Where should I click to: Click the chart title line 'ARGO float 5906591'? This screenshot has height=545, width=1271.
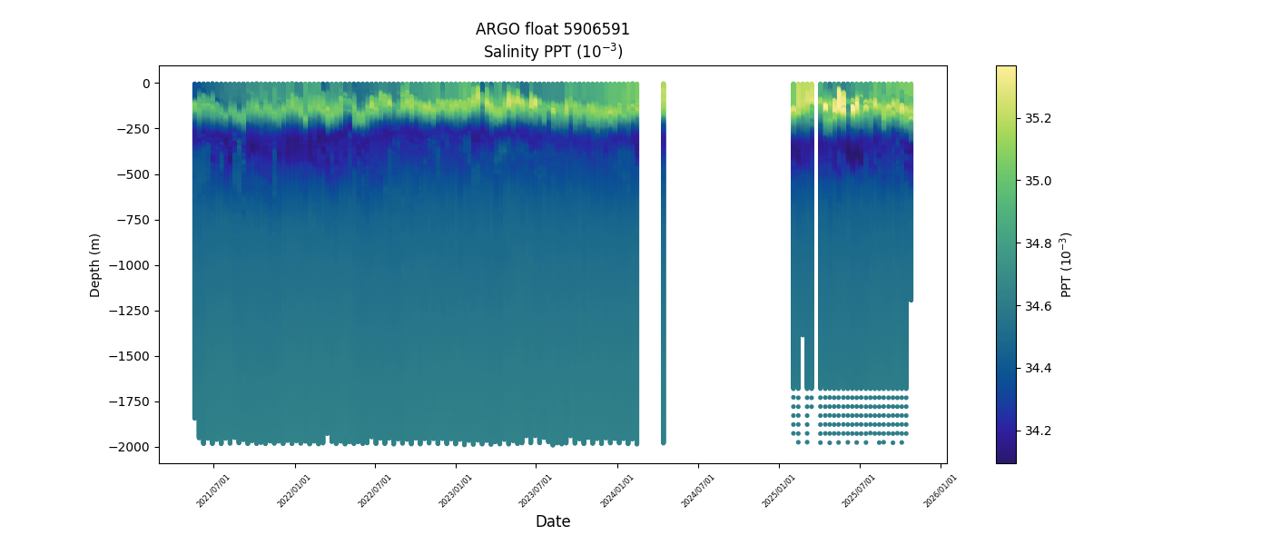(x=552, y=29)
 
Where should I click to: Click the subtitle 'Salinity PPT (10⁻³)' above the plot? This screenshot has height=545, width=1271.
(x=552, y=52)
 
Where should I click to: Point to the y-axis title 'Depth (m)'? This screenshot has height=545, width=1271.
(x=95, y=264)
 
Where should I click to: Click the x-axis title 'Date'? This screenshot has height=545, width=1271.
(x=552, y=521)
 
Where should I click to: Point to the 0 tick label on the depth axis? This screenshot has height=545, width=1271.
(x=146, y=84)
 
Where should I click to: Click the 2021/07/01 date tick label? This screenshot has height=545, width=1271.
(x=212, y=491)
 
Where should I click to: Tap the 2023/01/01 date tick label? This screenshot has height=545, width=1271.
(x=455, y=491)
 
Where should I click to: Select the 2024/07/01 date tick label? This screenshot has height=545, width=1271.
(x=697, y=491)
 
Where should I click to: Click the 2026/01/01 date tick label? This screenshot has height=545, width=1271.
(x=940, y=491)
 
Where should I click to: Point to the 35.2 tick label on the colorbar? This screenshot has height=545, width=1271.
(x=1039, y=118)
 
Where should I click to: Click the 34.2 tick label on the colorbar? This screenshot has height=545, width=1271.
(x=1039, y=430)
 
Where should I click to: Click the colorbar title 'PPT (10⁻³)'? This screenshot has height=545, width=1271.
(x=1067, y=264)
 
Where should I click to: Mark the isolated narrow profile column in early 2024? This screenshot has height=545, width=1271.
(x=664, y=263)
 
